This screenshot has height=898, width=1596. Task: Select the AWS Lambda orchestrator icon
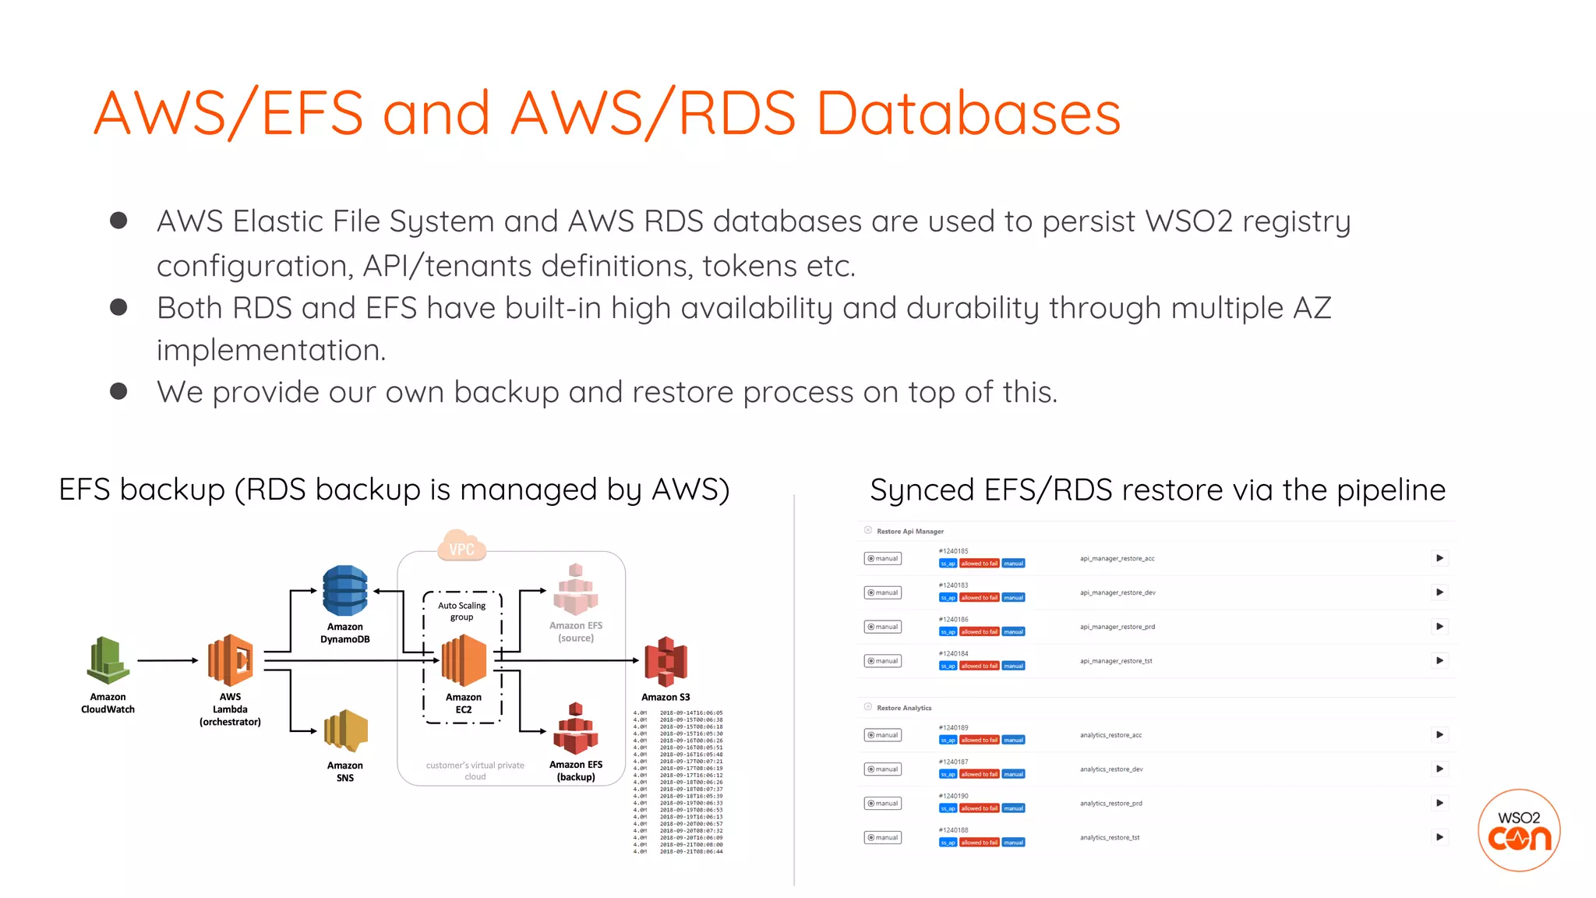click(231, 660)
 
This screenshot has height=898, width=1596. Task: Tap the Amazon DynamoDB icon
click(344, 590)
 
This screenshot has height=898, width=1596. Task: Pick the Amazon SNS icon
click(345, 732)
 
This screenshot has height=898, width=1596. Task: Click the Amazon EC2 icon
click(464, 660)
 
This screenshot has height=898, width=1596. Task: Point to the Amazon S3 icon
click(666, 662)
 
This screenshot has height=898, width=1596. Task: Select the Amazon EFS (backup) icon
click(576, 729)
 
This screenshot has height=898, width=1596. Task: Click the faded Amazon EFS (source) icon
click(575, 589)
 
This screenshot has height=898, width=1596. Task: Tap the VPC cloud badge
click(461, 547)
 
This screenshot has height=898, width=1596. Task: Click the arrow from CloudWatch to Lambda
click(168, 660)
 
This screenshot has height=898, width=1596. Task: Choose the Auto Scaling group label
click(461, 611)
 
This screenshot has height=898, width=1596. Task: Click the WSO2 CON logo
click(1519, 830)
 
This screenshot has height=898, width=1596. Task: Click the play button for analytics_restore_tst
click(1439, 837)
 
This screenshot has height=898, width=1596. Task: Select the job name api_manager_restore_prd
click(1117, 627)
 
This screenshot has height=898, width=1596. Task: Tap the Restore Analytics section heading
click(903, 708)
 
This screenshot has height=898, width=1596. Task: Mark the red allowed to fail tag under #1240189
click(979, 740)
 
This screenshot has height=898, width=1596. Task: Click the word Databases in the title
click(968, 114)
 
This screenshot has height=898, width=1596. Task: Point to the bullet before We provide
click(118, 391)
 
